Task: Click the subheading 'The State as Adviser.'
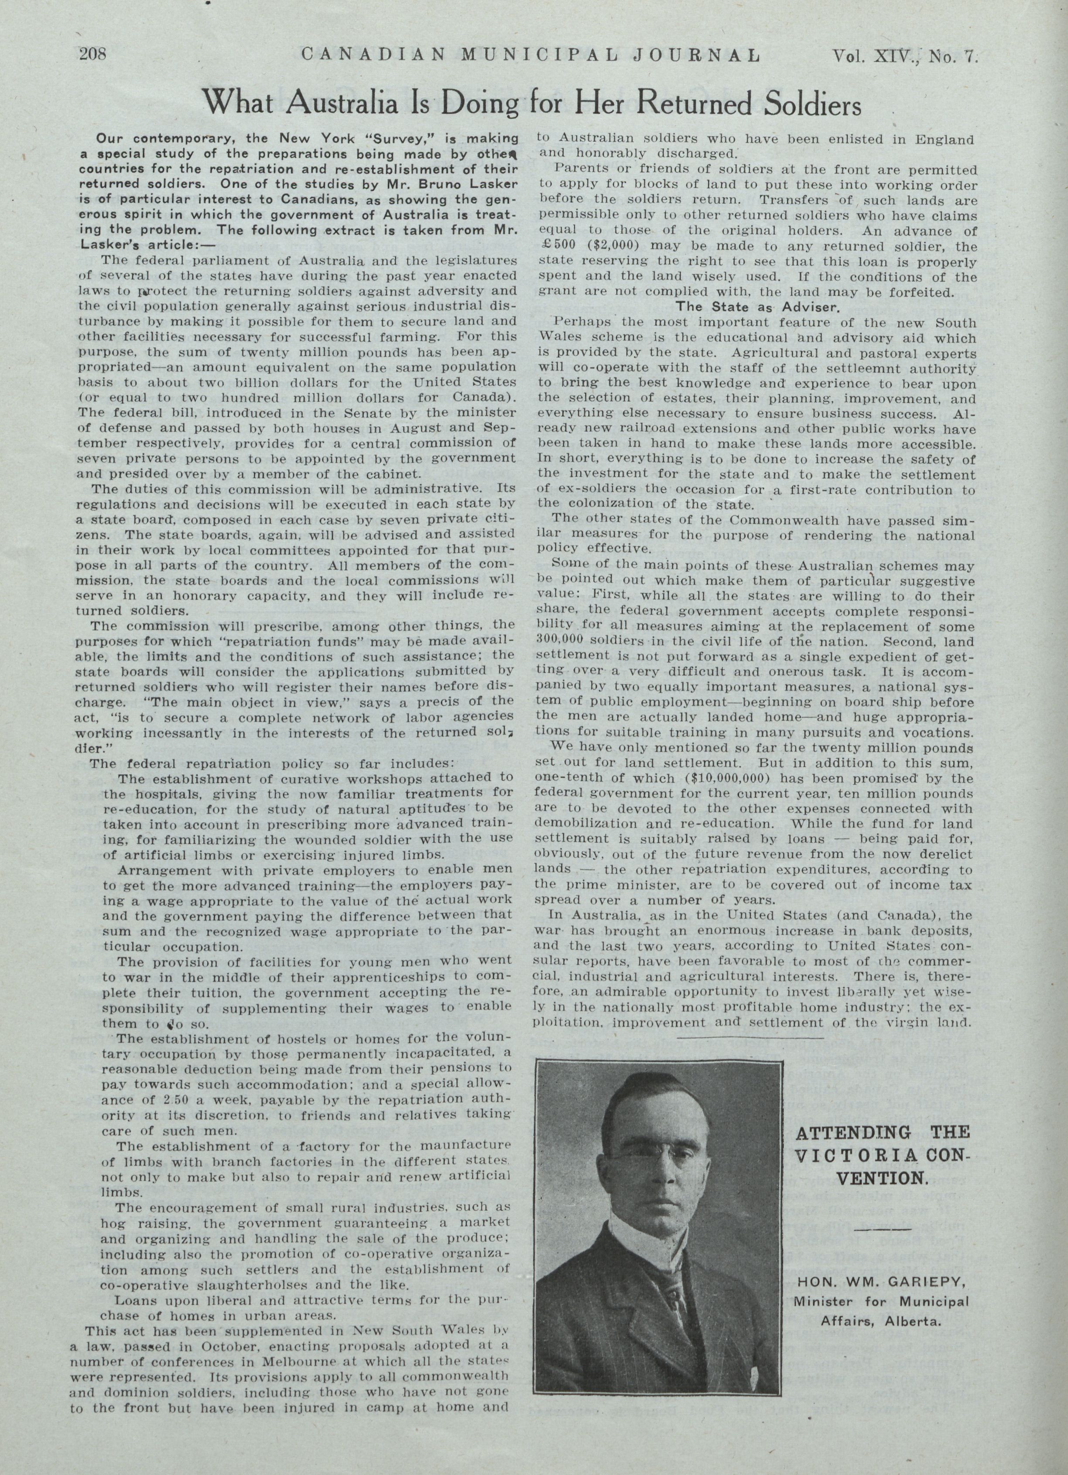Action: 758,306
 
